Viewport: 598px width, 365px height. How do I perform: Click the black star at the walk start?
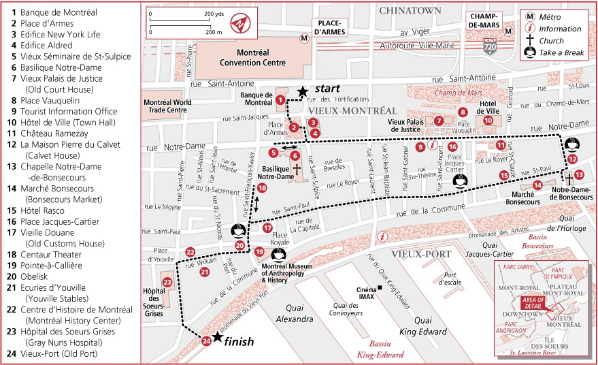pos(302,91)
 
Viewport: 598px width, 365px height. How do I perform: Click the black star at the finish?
pos(217,337)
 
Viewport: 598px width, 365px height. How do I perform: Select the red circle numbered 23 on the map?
pos(167,282)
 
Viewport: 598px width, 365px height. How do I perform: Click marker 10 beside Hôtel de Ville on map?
pos(488,121)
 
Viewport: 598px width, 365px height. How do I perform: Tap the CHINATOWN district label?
pos(411,10)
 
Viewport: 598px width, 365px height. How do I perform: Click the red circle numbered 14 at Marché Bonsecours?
pos(537,185)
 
